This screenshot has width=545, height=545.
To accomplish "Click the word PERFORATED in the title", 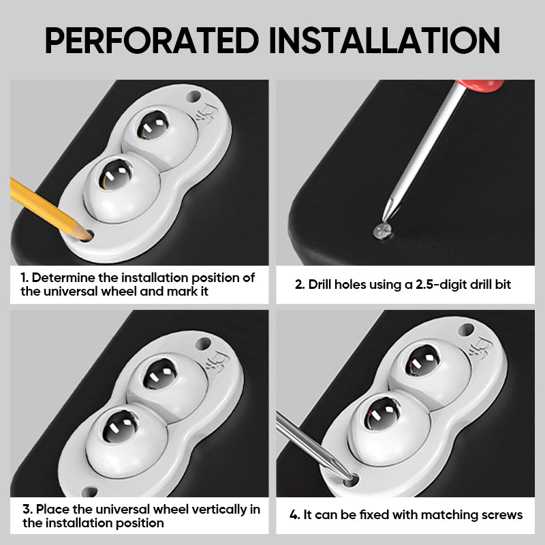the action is [x=152, y=40].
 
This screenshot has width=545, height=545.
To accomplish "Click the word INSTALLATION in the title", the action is [x=384, y=40].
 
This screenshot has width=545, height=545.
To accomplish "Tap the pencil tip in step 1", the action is [x=90, y=238].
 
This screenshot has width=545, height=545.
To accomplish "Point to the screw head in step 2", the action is [x=382, y=231].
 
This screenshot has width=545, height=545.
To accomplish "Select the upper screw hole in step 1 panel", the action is [x=193, y=96].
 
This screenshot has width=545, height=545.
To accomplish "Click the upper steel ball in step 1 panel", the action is [x=153, y=125].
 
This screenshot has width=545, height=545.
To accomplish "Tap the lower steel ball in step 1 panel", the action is [x=115, y=174].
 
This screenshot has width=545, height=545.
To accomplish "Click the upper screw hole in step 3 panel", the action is [x=203, y=344].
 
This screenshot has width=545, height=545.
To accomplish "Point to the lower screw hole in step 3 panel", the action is [x=89, y=491].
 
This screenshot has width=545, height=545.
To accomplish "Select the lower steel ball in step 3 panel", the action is [x=121, y=426].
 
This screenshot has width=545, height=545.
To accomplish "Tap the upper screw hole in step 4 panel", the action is [x=467, y=329].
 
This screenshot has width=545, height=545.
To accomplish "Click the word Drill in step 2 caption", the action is [x=320, y=284].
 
